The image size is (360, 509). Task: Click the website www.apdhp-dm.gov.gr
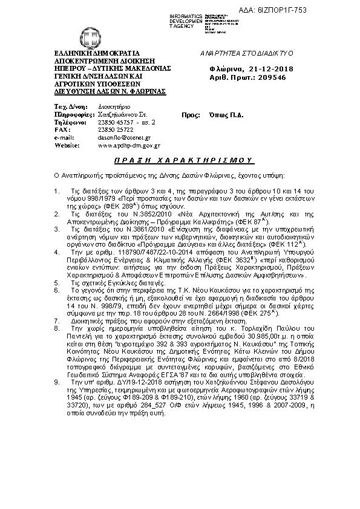click(x=129, y=146)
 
